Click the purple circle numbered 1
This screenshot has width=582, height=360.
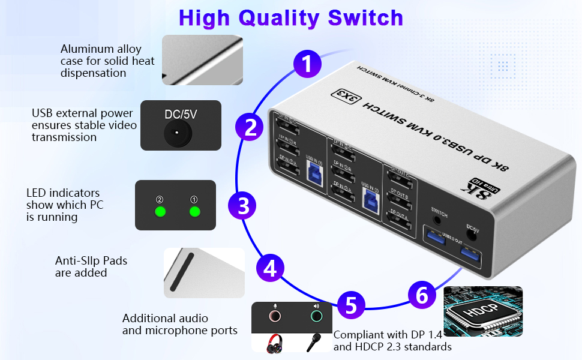tap(307, 64)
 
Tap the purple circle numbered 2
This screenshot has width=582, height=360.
tap(250, 128)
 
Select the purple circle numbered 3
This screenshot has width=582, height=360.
tap(243, 206)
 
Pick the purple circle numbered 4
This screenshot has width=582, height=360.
tap(271, 268)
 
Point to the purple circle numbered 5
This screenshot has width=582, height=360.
tap(351, 305)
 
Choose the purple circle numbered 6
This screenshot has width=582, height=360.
tap(422, 295)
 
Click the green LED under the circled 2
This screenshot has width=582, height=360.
tap(160, 212)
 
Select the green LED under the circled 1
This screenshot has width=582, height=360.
tap(194, 212)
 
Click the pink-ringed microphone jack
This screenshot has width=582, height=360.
tap(274, 316)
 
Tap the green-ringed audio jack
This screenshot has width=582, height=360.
tap(316, 316)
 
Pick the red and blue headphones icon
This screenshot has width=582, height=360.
tap(275, 343)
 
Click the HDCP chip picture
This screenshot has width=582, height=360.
tap(482, 311)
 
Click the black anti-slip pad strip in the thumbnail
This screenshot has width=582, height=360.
tap(182, 272)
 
